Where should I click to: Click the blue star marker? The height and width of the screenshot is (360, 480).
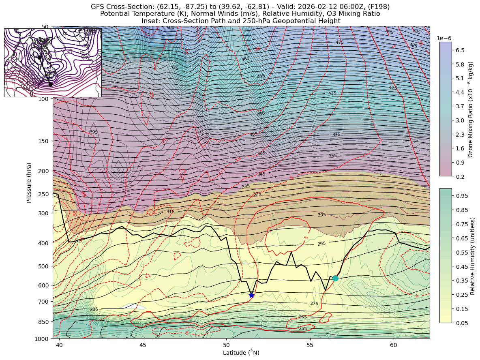pos(251,295)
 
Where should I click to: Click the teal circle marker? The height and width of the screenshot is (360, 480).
pos(335,278)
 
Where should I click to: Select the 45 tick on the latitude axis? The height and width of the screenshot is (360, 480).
pos(143,345)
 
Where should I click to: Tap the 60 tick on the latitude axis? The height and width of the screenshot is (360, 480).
pos(393,345)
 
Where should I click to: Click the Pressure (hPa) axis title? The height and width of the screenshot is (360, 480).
pos(29,182)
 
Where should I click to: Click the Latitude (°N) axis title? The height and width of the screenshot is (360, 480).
pos(241,353)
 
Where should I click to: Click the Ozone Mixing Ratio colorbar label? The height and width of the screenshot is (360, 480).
pos(471,109)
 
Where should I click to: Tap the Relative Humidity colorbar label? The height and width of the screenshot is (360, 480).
pos(472,256)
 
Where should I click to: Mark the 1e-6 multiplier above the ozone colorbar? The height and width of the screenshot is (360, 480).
pos(444,38)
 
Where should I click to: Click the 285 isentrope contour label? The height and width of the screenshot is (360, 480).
pos(94,309)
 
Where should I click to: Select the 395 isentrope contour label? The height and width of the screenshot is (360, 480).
pos(94,132)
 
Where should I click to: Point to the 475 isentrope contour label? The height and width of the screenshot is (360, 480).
pos(339,42)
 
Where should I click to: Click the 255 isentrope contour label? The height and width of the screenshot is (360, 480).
pos(302,328)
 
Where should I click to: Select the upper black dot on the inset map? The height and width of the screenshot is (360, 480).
pos(39,58)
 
